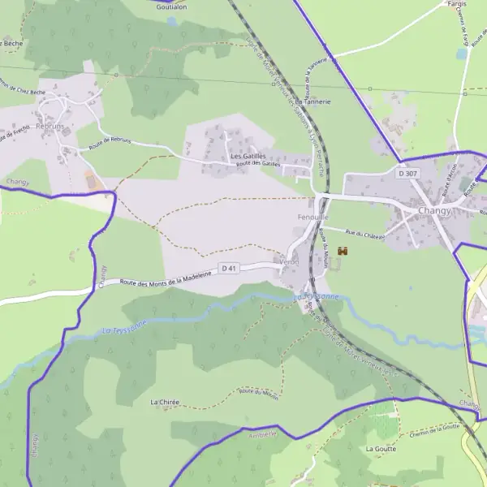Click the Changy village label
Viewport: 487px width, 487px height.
(434, 210)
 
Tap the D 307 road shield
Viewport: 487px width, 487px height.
(407, 173)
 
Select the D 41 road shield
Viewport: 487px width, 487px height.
(230, 269)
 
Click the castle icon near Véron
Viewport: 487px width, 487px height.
(343, 252)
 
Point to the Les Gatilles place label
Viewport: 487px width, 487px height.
(248, 156)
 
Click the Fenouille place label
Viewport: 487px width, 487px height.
(313, 218)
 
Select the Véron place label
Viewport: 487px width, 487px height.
(290, 262)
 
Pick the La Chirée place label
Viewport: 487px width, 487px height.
(165, 402)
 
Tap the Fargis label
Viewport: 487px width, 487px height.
(457, 4)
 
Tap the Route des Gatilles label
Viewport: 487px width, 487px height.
(257, 165)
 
